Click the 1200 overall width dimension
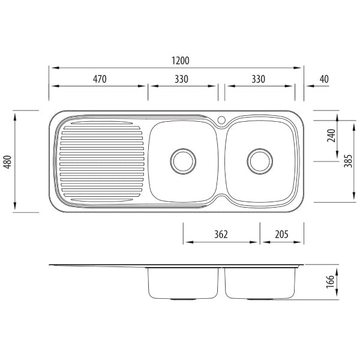click(180, 61)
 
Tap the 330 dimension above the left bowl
click(182, 79)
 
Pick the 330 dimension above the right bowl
click(259, 79)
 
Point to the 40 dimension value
click(324, 79)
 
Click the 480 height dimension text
click(8, 161)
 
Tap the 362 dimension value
click(221, 235)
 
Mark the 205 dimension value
click(281, 235)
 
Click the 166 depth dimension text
click(331, 282)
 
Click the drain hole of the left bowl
click(182, 160)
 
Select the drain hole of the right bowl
click(259, 160)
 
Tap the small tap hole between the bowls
click(221, 120)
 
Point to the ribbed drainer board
click(101, 161)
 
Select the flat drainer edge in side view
click(96, 265)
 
